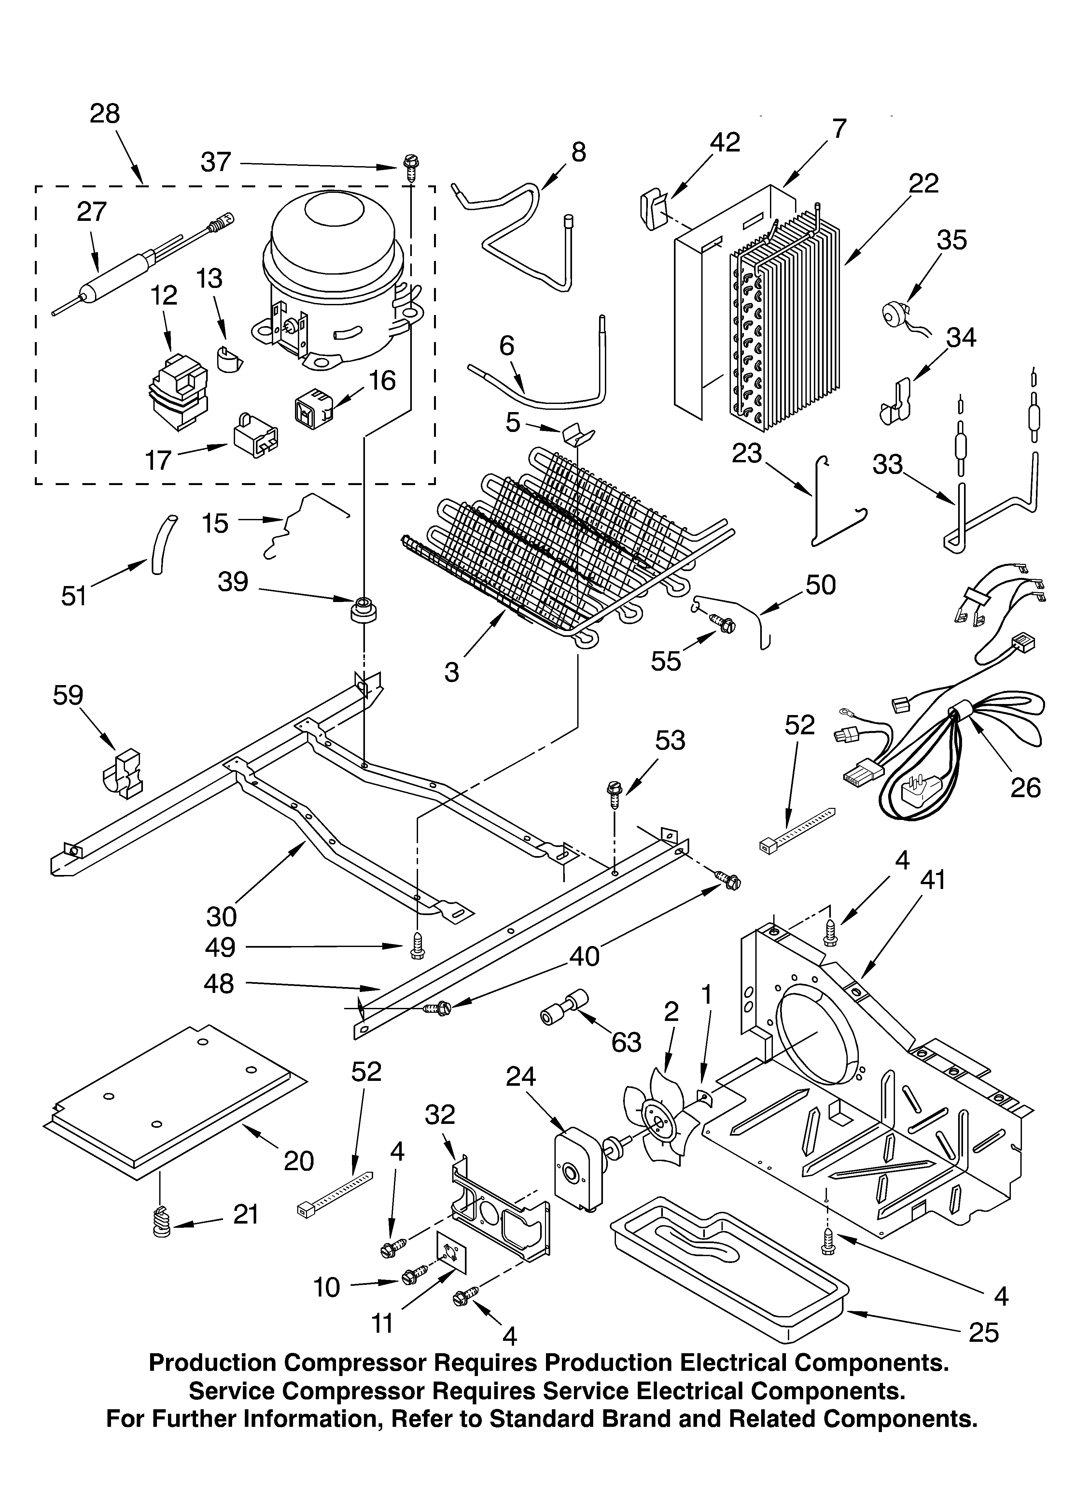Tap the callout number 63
(626, 1042)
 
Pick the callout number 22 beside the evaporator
(923, 184)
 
